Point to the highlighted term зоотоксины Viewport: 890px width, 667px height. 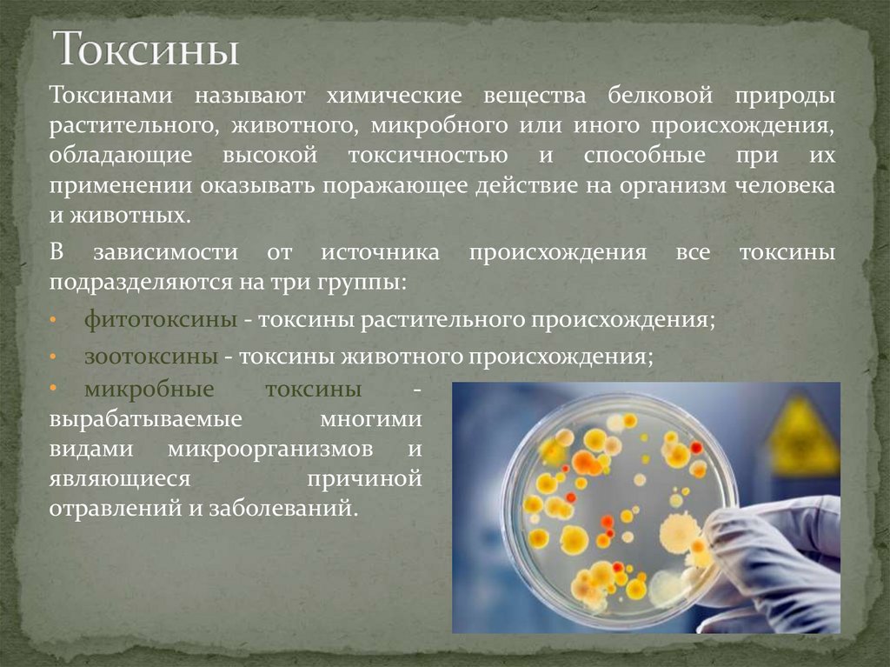coord(151,357)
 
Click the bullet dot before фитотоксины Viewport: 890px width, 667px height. coord(54,320)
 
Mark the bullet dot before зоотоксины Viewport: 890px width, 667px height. coord(54,357)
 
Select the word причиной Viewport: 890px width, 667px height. coord(365,478)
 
